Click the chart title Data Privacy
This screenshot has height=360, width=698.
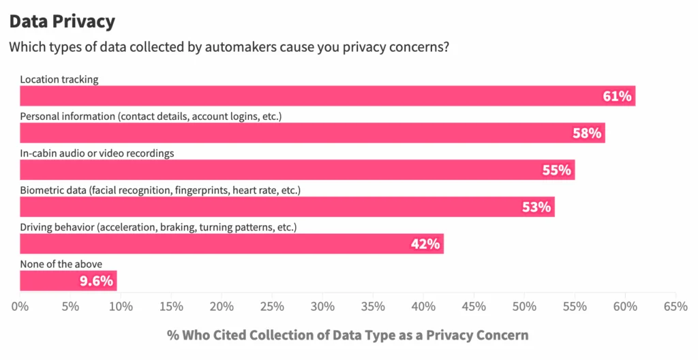(x=62, y=21)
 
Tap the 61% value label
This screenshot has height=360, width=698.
(x=617, y=96)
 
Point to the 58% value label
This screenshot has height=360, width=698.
(x=587, y=133)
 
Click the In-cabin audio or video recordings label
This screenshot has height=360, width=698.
(x=97, y=153)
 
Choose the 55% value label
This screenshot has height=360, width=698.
(x=556, y=170)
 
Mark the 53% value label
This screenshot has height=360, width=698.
(x=536, y=207)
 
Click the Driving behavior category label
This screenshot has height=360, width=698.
(x=158, y=227)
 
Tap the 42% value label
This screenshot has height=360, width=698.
(x=425, y=243)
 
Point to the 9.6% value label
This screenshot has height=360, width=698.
(x=96, y=280)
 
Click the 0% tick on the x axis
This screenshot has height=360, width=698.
(x=20, y=307)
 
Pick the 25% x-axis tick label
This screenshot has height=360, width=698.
(x=272, y=307)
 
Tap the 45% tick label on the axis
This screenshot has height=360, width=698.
(x=474, y=307)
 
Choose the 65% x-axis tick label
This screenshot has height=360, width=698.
(x=675, y=307)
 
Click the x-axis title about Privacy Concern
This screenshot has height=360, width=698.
(x=347, y=335)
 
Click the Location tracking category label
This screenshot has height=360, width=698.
(x=59, y=80)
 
